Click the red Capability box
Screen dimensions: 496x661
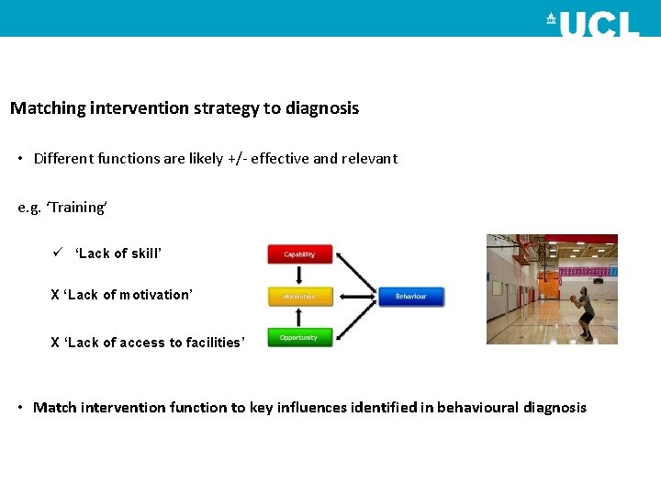pos(299,254)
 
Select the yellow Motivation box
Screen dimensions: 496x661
pos(299,297)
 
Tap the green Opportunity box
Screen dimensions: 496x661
pos(299,337)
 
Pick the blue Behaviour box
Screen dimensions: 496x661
pos(410,297)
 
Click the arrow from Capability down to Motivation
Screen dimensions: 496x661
pos(299,276)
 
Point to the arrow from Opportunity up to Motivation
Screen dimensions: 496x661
pos(299,317)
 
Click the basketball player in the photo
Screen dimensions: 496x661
pos(585,313)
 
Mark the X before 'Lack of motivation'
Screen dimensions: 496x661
pos(55,295)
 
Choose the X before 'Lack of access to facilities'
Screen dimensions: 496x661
pos(55,343)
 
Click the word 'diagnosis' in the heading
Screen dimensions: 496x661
pos(321,108)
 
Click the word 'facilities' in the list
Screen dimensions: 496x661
pos(216,343)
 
